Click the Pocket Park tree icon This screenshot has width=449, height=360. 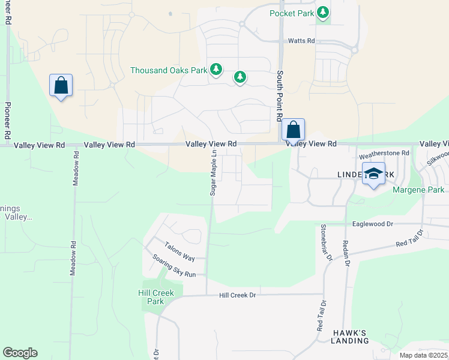click(x=324, y=13)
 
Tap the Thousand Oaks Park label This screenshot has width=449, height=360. click(x=169, y=70)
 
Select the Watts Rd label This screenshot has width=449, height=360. click(x=301, y=41)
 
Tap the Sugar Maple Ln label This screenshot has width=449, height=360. click(x=212, y=173)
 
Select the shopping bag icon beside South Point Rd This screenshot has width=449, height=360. click(x=293, y=130)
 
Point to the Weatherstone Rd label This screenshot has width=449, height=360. click(x=384, y=154)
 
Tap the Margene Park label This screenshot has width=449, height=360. click(x=418, y=190)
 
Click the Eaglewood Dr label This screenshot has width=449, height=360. click(x=372, y=223)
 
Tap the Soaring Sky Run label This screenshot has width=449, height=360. click(x=174, y=266)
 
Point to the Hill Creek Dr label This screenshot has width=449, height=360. click(x=237, y=295)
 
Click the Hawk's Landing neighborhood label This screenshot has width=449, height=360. click(x=350, y=337)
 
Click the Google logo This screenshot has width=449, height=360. click(x=20, y=353)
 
